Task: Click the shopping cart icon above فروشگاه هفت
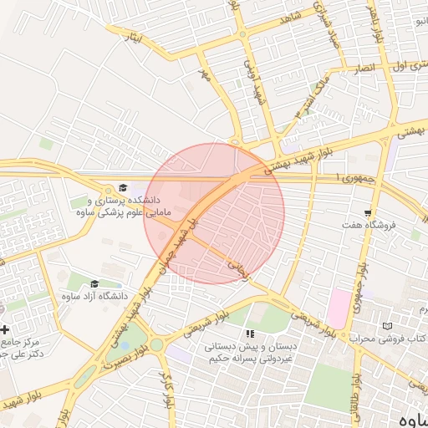(368, 213)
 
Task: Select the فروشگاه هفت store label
(368, 225)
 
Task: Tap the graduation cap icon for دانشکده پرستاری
(123, 188)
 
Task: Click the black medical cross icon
(5, 329)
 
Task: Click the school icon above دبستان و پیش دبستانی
(248, 334)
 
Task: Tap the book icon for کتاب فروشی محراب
(385, 325)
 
